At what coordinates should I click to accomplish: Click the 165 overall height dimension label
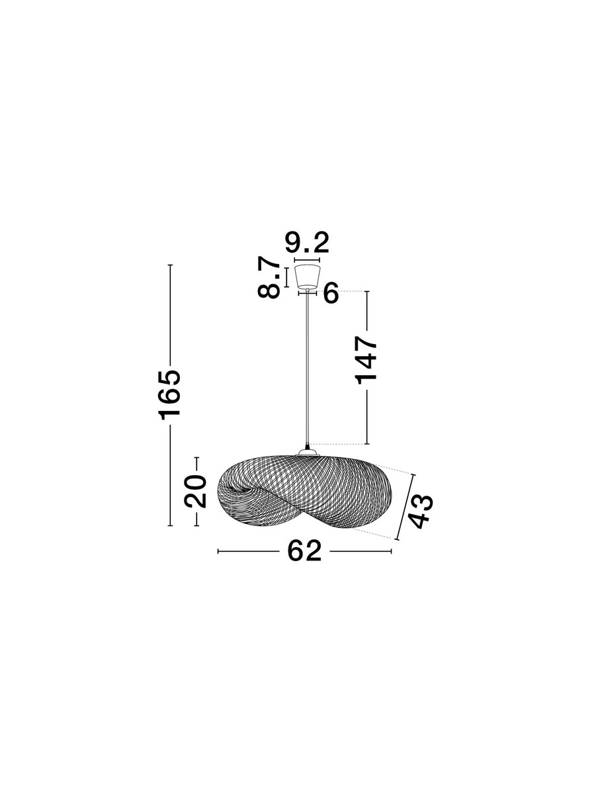click(x=170, y=395)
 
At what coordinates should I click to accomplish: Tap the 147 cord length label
click(x=366, y=360)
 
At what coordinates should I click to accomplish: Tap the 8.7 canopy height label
click(x=269, y=277)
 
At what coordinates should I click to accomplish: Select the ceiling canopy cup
click(x=308, y=277)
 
